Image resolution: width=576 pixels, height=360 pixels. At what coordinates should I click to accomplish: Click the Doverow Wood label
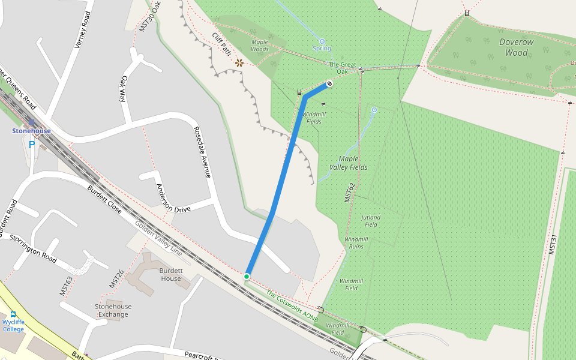tap(516, 47)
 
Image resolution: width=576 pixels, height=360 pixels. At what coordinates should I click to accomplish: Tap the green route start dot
tap(247, 276)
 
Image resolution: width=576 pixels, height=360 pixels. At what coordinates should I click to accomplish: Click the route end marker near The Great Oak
tap(329, 83)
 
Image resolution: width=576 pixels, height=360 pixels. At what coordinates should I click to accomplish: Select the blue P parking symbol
tap(32, 144)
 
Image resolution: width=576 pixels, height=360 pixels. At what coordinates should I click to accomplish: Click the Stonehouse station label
tap(31, 131)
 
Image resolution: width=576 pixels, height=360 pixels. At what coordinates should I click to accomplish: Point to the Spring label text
tap(322, 49)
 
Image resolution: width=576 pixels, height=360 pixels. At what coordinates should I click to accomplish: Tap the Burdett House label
tap(171, 274)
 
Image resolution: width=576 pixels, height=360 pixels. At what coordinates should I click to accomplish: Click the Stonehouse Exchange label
tap(113, 310)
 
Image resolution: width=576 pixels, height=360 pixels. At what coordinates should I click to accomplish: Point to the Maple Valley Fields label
tap(349, 163)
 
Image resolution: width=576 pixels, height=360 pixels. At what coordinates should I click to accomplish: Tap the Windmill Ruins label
tap(356, 242)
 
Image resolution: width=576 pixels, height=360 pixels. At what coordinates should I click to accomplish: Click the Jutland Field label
tap(371, 221)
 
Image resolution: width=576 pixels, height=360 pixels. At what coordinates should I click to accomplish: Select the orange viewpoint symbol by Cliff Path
tap(239, 62)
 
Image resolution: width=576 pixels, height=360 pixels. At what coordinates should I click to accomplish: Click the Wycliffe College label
tap(13, 325)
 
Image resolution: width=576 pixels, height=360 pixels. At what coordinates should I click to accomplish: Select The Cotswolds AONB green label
tap(292, 306)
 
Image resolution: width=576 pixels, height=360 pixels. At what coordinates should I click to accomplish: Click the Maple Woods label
tap(260, 45)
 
